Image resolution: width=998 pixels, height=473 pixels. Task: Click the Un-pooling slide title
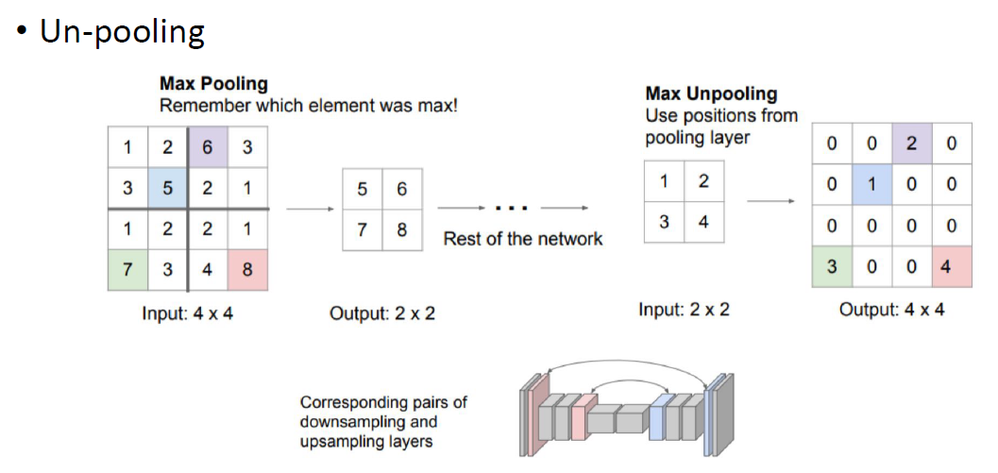tap(122, 32)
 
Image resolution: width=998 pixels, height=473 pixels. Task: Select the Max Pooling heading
tap(213, 84)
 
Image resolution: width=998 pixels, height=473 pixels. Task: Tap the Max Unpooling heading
tap(711, 93)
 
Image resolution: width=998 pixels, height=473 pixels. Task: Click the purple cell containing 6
tap(207, 147)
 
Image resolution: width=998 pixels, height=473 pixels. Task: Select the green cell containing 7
tap(127, 270)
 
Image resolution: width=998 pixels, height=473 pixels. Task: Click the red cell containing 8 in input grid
tap(247, 270)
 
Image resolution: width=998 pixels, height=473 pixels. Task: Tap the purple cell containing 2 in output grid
tap(911, 144)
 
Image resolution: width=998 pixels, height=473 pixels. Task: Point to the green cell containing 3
tap(832, 266)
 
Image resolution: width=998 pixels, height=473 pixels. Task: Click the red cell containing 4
tap(951, 266)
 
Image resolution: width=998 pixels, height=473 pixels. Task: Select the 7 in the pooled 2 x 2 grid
tap(363, 229)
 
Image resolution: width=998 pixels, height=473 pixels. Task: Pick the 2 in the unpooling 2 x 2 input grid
tap(703, 182)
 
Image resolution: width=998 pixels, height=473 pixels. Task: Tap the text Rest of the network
tap(522, 238)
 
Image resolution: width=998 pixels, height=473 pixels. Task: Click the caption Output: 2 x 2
tap(382, 313)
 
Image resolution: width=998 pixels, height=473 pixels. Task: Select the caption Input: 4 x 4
tap(187, 313)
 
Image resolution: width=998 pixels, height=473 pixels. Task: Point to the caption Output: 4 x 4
tap(891, 309)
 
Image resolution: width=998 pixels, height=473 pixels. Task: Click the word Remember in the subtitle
tap(198, 105)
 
